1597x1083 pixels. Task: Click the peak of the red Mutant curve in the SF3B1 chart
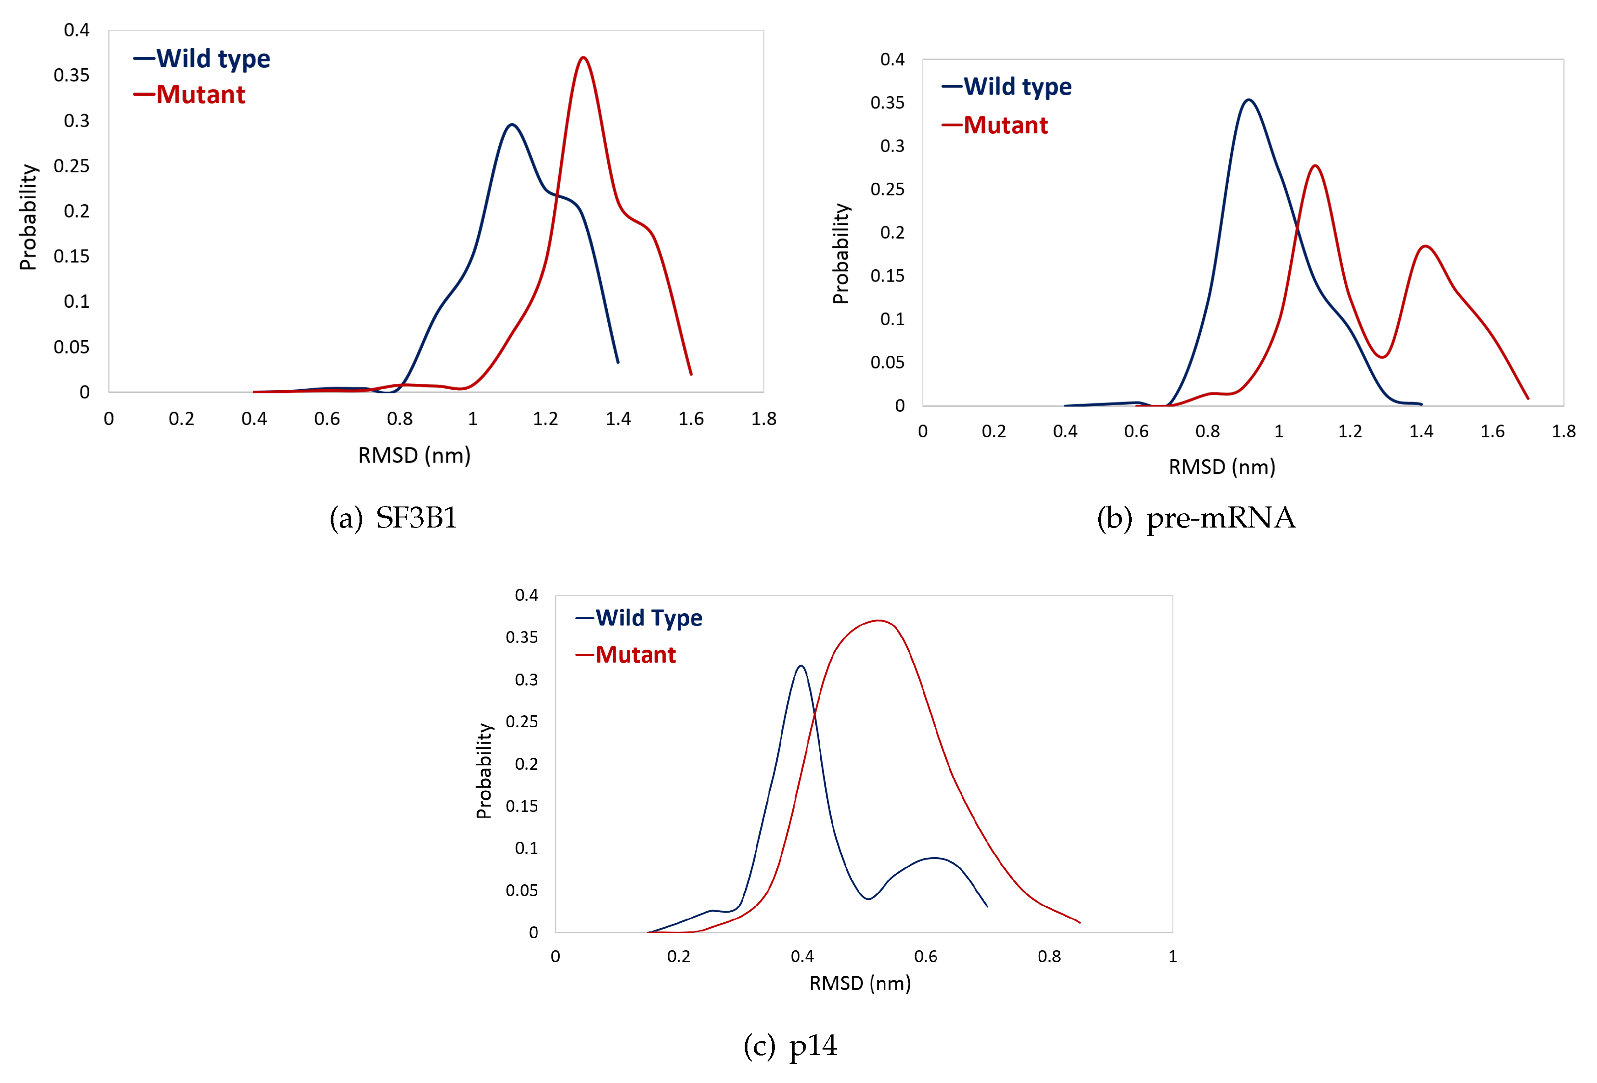pos(583,58)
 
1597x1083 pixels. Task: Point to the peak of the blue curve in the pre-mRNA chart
pos(1248,100)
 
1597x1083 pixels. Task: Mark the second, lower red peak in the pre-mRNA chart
pos(1426,246)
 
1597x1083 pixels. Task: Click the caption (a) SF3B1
pos(393,518)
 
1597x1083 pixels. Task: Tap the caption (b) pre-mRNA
pos(1196,518)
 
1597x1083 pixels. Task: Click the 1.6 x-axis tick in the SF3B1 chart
pos(691,419)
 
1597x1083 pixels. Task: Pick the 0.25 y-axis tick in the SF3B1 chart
pos(71,166)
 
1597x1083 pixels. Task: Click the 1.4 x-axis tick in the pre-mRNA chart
pos(1421,431)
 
